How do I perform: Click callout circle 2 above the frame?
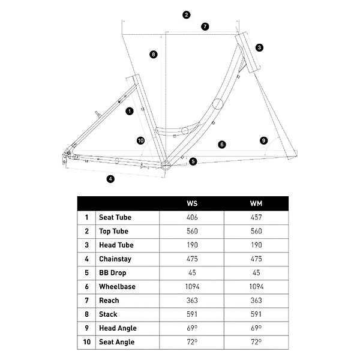pos(187,14)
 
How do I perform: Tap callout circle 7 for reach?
pos(205,26)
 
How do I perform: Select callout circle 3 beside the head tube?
pos(259,47)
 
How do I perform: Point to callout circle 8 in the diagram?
pos(154,54)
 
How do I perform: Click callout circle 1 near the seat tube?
pos(129,111)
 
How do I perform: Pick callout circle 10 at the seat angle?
pos(140,140)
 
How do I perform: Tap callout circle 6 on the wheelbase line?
pos(221,144)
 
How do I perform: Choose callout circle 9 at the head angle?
pos(263,140)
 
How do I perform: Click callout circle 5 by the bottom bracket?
pos(193,161)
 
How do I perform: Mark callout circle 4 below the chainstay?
pos(110,178)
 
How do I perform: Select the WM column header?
pos(256,203)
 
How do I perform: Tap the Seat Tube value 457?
pos(256,217)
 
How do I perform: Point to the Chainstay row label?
pos(115,259)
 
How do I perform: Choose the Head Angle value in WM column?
pos(256,328)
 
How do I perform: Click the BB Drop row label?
pos(113,273)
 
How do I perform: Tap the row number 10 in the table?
pos(87,342)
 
